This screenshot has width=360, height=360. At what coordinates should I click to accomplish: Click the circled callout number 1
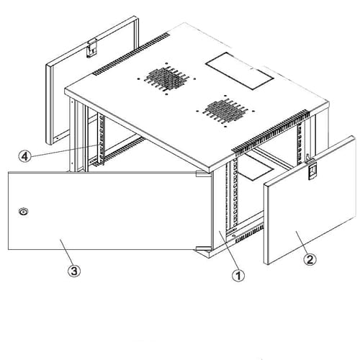tap(238, 274)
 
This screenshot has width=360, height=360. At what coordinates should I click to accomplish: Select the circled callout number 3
tap(73, 271)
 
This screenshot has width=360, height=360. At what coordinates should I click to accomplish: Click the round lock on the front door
tap(23, 211)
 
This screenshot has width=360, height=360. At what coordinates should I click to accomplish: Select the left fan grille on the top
tap(167, 78)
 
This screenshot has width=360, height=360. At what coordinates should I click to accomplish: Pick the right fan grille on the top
tap(221, 111)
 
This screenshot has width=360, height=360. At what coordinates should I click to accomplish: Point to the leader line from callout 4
tap(65, 150)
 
